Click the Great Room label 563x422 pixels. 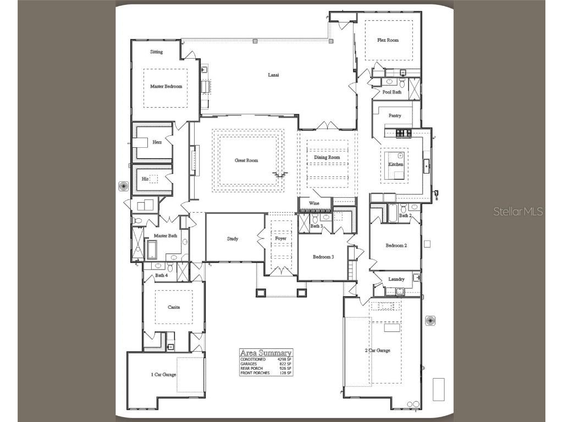pos(246,160)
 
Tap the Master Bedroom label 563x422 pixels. pos(166,86)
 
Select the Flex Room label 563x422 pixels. pos(388,40)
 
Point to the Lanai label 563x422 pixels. pos(273,75)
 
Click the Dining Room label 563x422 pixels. pos(327,157)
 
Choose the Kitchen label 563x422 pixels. pos(396,164)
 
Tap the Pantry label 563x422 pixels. pos(395,116)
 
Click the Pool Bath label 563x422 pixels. pos(392,92)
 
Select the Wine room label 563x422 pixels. pos(314,203)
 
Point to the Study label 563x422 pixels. pos(233,238)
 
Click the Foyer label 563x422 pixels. pos(280,238)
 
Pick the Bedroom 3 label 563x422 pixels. pos(323,257)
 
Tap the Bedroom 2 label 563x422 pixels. pos(396,246)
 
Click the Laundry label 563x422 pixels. pos(396,279)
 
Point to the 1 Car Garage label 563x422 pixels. pos(163,374)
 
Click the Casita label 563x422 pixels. pos(174,308)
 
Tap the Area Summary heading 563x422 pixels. pos(266,353)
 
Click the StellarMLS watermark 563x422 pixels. pos(518,211)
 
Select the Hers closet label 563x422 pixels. pos(157,142)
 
